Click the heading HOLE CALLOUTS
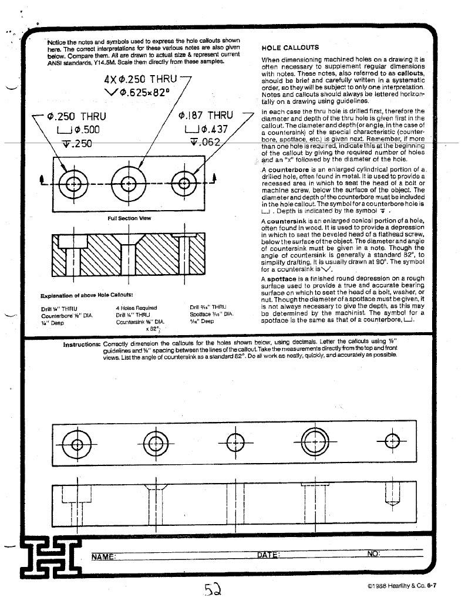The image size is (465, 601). pyautogui.click(x=289, y=48)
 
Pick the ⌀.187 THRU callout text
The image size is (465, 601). pyautogui.click(x=205, y=116)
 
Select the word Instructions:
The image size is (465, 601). pyautogui.click(x=82, y=345)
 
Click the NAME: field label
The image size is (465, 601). pyautogui.click(x=104, y=555)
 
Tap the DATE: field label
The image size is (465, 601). pyautogui.click(x=268, y=555)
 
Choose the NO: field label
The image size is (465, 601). pyautogui.click(x=373, y=554)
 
